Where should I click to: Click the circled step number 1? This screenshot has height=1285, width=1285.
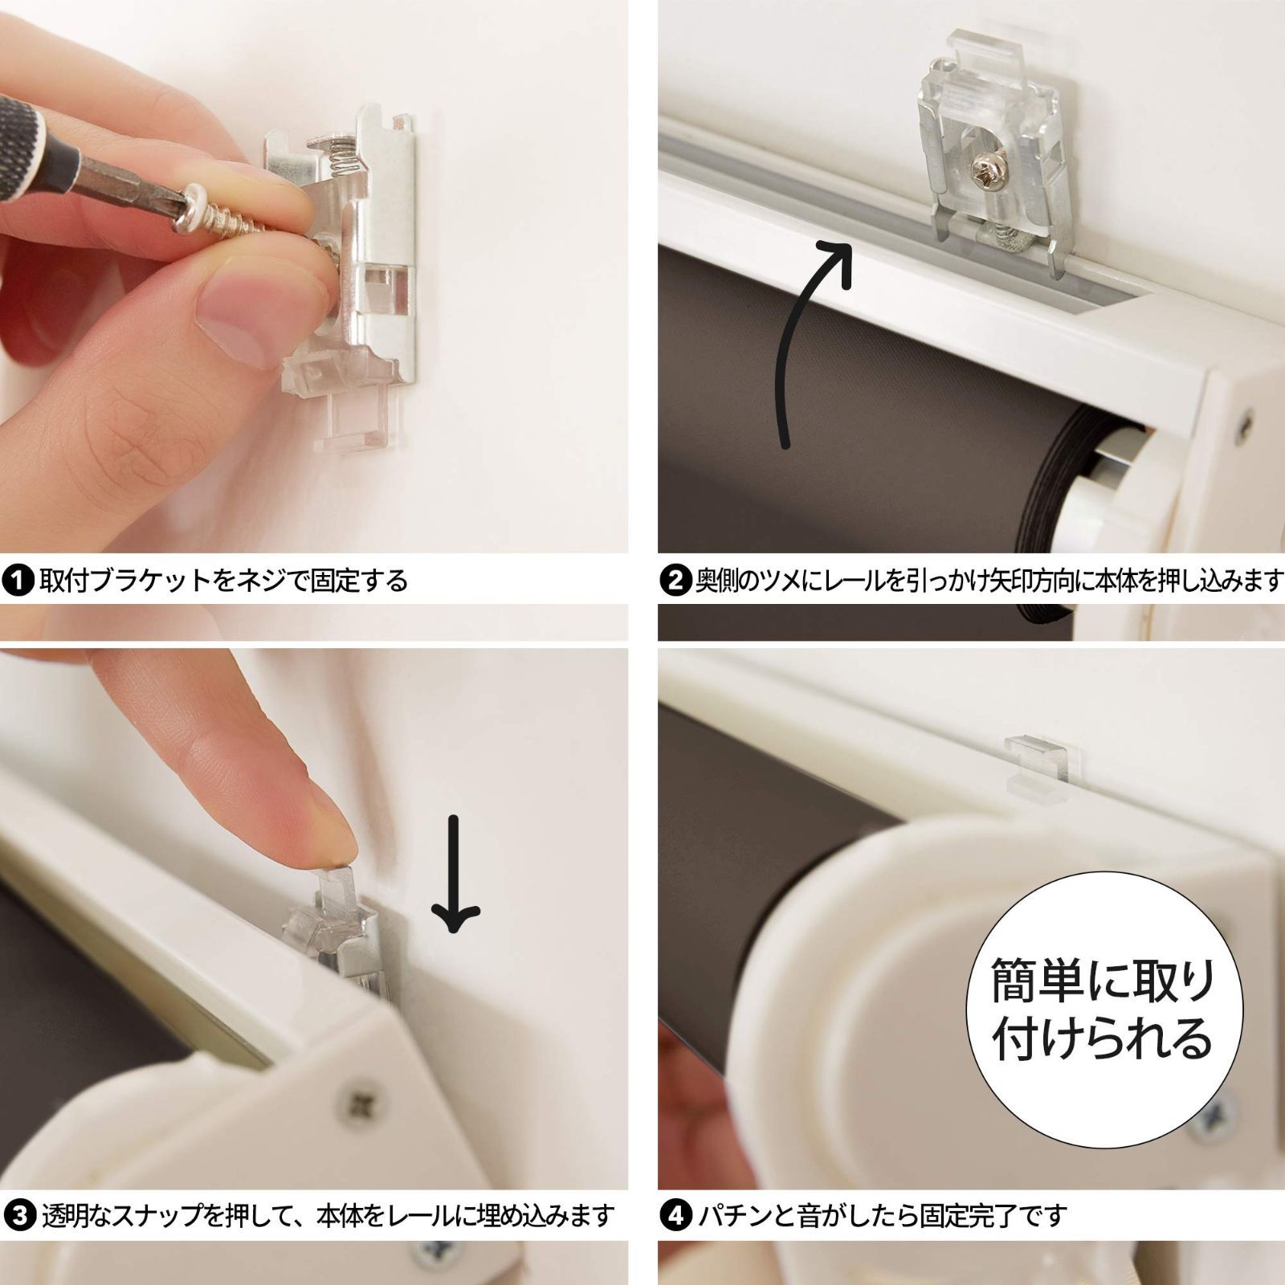pos(18,580)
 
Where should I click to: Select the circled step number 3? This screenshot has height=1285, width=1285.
pos(18,1215)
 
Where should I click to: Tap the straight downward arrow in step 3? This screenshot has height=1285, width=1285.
pos(455,875)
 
